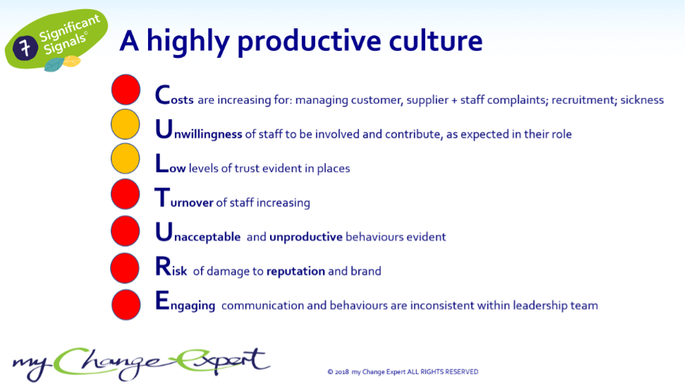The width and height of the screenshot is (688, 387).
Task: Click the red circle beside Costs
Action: [x=126, y=90]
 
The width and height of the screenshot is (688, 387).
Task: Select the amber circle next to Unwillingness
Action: [x=125, y=124]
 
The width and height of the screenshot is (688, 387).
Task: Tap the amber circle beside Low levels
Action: [x=125, y=159]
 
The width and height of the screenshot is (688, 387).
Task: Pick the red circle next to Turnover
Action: [x=125, y=194]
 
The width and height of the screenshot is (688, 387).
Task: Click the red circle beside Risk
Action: [x=125, y=268]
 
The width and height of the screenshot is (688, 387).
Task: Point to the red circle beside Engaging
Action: [x=126, y=305]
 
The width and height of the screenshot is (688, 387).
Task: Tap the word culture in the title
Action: [x=436, y=40]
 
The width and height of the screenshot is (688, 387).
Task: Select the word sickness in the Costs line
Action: [x=642, y=99]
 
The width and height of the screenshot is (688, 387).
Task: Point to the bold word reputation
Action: [x=296, y=271]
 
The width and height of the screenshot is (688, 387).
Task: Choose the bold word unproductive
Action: [x=306, y=237]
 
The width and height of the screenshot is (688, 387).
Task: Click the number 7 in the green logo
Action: [x=25, y=47]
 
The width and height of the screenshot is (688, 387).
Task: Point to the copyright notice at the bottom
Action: [x=403, y=371]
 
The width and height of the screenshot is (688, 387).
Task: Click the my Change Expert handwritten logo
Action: [x=141, y=363]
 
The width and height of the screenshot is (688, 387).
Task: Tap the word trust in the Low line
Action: [x=247, y=168]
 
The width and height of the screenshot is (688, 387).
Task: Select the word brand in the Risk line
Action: [x=366, y=271]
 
